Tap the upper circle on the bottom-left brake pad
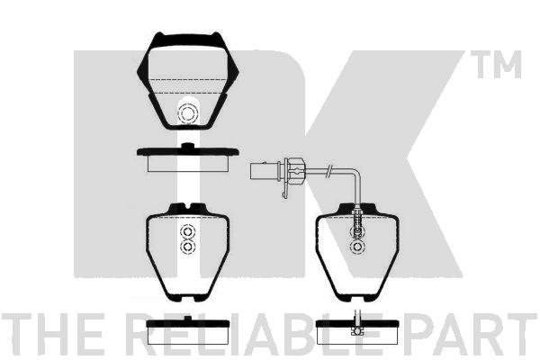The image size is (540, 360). point(187,231)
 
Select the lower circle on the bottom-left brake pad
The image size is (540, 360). point(187,247)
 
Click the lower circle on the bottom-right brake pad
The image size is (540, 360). point(357,247)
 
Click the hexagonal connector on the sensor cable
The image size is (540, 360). point(294,170)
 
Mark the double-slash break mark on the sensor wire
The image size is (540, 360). point(329,169)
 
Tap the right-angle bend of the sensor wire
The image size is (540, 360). point(358,171)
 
